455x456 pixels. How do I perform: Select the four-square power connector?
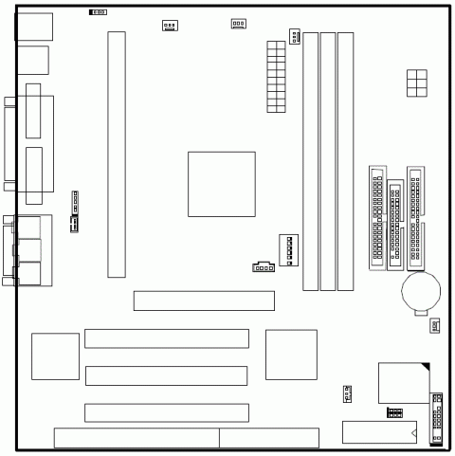[416, 82]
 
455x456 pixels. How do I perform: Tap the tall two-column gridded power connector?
[276, 75]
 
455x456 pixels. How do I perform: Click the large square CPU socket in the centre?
[222, 183]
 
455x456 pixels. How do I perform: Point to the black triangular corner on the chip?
[426, 367]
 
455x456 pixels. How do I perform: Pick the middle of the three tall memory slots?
[328, 160]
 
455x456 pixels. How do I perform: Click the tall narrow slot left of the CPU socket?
[117, 155]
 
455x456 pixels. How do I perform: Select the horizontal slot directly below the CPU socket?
[204, 301]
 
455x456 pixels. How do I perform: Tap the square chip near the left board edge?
[55, 356]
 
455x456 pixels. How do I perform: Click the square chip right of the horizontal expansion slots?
[291, 356]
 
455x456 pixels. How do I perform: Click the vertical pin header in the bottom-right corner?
[437, 417]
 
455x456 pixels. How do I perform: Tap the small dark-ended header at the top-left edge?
[98, 13]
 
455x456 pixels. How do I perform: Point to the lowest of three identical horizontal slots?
[167, 412]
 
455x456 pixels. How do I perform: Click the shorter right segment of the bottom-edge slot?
[267, 438]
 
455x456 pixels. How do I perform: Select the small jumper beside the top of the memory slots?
[295, 37]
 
